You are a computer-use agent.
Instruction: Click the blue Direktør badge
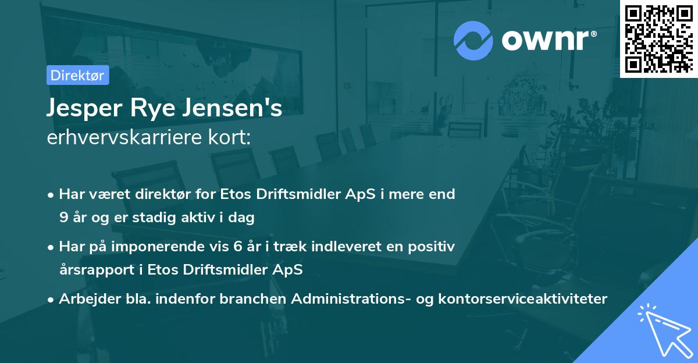tap(77, 75)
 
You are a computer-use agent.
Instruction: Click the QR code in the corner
tap(658, 38)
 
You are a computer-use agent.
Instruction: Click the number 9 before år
tap(63, 218)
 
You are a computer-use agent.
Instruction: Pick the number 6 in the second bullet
tap(238, 247)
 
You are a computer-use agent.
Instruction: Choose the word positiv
tap(434, 247)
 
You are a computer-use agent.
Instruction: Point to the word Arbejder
tap(84, 299)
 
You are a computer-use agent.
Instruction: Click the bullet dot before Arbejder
tap(52, 300)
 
